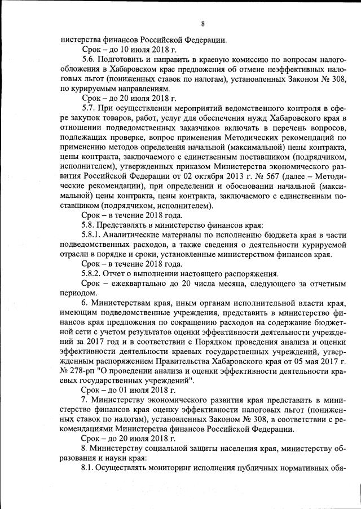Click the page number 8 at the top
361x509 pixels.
coord(202,24)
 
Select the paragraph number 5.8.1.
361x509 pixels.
coord(93,233)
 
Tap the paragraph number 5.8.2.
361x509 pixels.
coord(93,273)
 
